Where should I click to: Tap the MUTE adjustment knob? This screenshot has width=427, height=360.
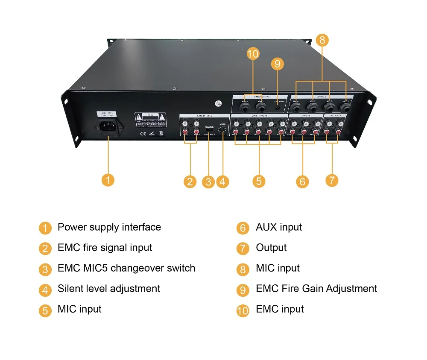(x=222, y=130)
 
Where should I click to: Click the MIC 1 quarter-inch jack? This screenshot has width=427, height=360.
(x=345, y=106)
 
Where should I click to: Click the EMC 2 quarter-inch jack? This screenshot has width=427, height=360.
(x=245, y=106)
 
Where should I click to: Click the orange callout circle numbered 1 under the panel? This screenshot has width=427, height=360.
(x=108, y=180)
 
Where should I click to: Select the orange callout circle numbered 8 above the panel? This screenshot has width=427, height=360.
(x=322, y=41)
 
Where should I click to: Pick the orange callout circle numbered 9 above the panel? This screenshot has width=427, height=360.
(x=277, y=64)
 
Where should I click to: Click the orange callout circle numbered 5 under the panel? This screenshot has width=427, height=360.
(x=258, y=181)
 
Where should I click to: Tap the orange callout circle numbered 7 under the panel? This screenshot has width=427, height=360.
(x=331, y=180)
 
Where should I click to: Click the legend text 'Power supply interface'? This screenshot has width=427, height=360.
(x=109, y=227)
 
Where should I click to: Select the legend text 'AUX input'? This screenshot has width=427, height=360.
(x=279, y=227)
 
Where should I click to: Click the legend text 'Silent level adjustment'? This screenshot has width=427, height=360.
(x=109, y=289)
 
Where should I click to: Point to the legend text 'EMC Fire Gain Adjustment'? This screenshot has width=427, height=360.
(x=316, y=289)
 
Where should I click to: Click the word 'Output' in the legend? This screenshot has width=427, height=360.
(x=271, y=248)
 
